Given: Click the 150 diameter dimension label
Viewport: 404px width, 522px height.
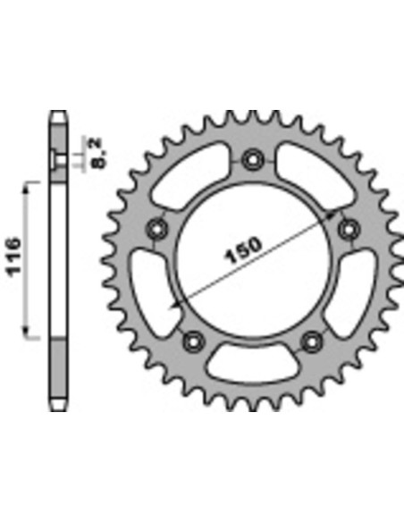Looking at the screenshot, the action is click(x=244, y=250).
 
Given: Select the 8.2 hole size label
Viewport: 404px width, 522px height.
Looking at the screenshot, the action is click(x=97, y=153).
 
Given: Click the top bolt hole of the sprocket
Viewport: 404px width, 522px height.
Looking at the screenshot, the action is click(x=253, y=160).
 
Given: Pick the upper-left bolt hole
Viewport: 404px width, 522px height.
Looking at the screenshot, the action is click(x=157, y=229).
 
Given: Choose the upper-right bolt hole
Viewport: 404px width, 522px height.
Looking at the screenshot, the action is click(x=349, y=229).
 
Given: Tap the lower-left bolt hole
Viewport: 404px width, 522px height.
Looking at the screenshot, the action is click(x=194, y=342).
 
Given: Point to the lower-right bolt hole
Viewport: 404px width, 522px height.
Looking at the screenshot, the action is click(x=312, y=342).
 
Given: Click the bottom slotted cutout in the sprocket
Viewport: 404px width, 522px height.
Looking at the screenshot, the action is click(x=253, y=364).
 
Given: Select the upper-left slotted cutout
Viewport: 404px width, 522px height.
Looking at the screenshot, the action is click(x=189, y=176).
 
